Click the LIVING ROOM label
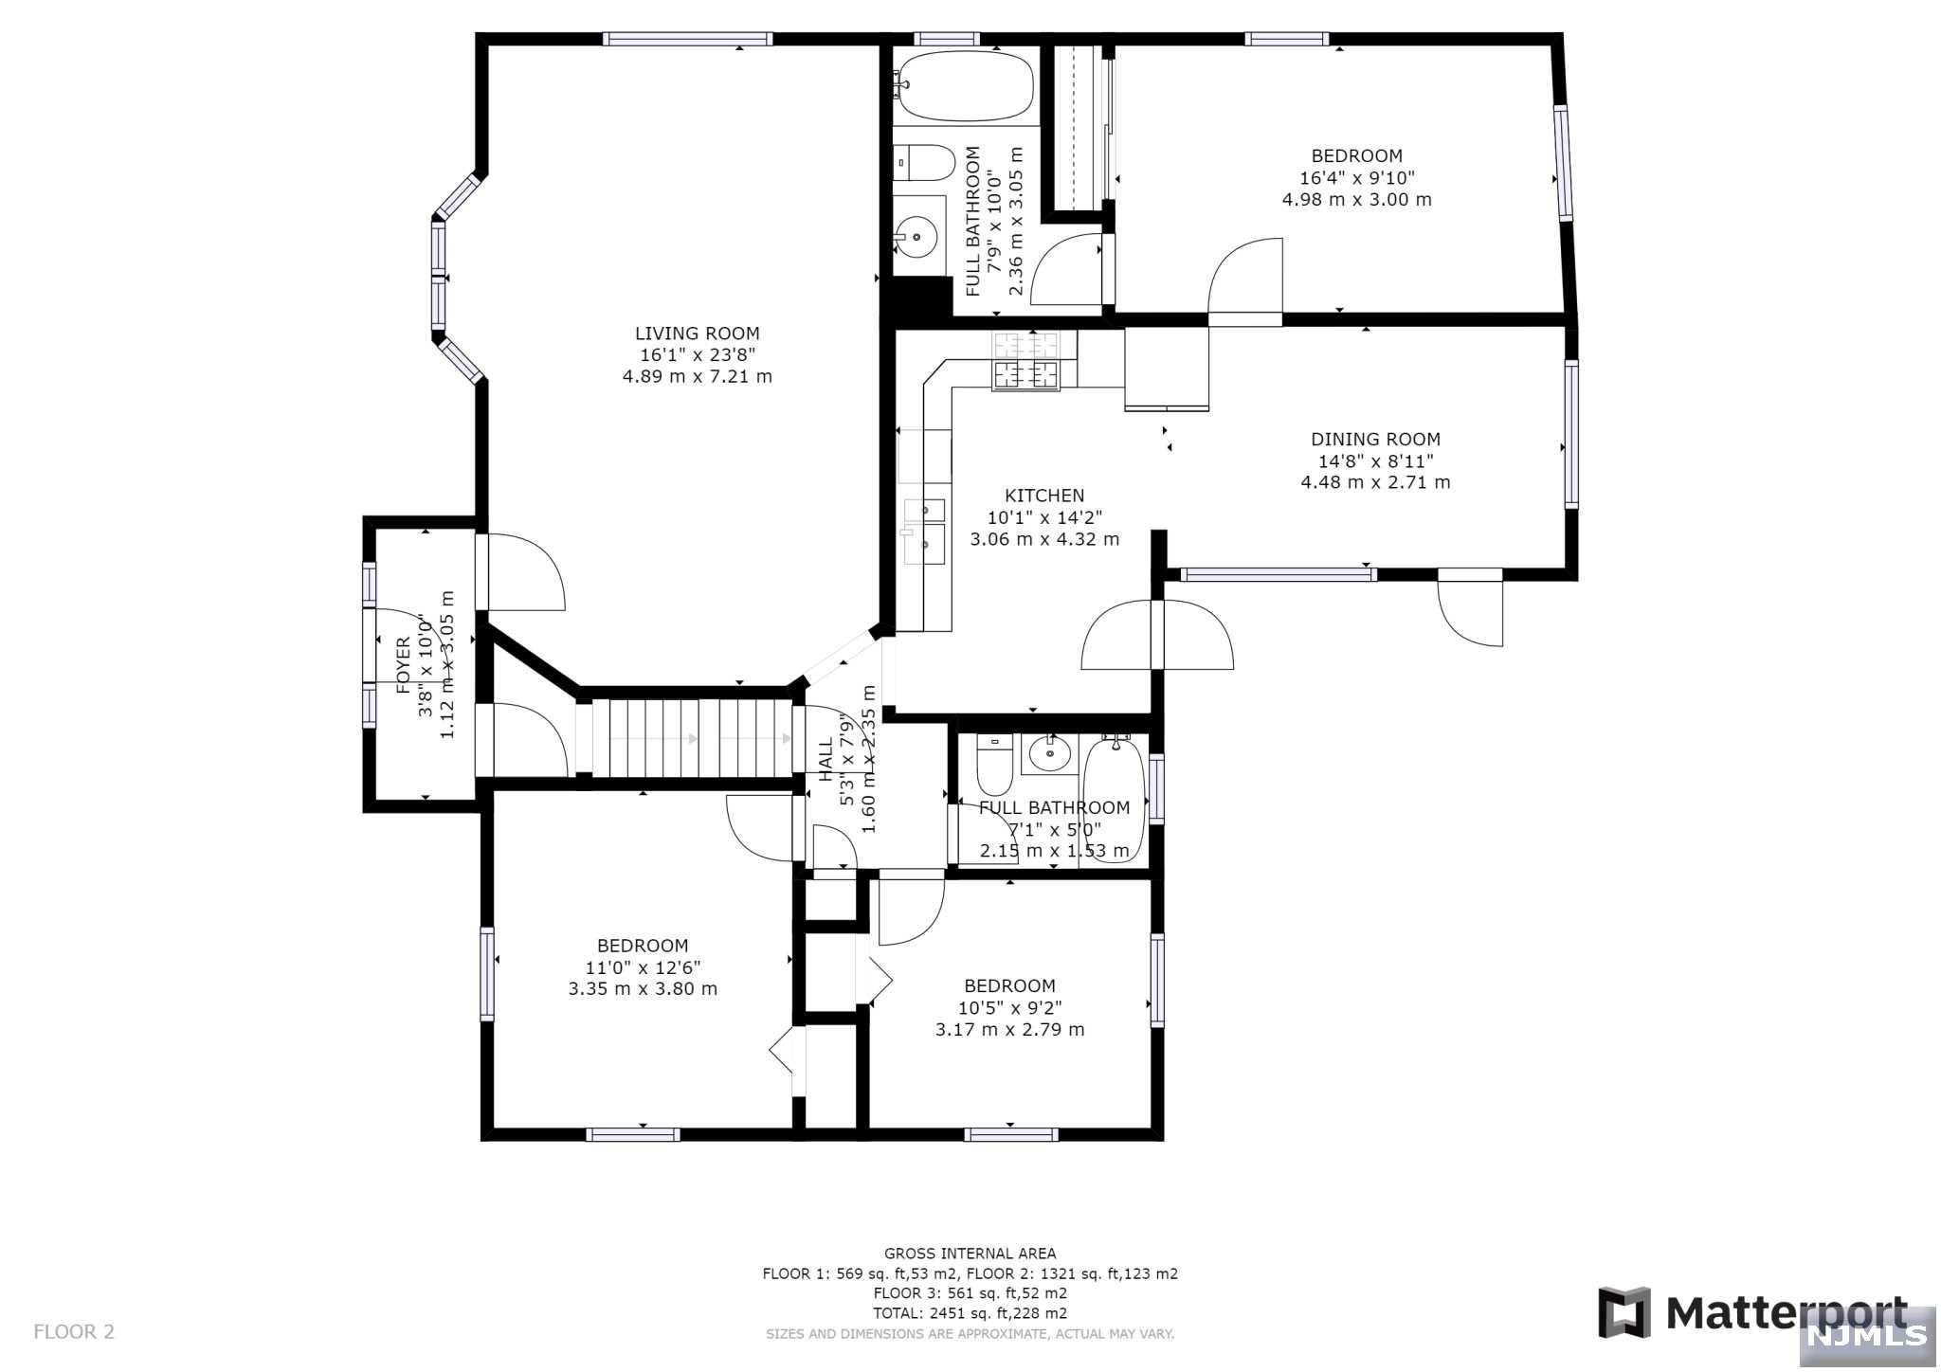coord(697,334)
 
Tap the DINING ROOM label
coord(1375,440)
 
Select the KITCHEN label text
coord(1044,496)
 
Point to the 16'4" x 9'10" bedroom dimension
coord(1356,178)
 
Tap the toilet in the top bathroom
coord(924,163)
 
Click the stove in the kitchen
coord(1025,361)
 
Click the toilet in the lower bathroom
coord(994,766)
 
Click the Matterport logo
coord(1753,1312)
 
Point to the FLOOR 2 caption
coord(74,1331)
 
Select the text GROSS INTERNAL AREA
coord(970,1254)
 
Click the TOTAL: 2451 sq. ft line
coord(970,1313)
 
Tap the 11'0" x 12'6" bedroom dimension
coord(643,967)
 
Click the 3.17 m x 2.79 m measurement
coord(1009,1030)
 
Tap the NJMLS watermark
coord(1868,1335)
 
